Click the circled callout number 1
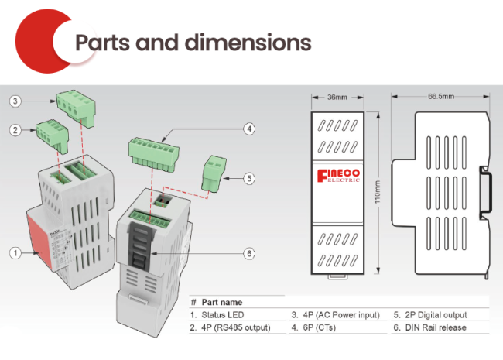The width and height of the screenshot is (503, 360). pos(15,253)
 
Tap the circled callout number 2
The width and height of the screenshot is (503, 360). pos(15,130)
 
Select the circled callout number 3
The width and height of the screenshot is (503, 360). pos(15,101)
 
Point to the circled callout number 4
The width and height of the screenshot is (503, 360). pos(249,129)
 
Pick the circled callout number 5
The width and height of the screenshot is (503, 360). pos(249,178)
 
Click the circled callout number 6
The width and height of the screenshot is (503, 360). pos(249,253)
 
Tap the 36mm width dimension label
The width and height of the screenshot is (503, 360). pos(337,97)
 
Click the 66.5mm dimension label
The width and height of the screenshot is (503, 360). pos(441,96)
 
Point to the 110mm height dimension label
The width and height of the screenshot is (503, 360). pos(378,192)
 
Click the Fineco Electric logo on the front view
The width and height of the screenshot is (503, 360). pos(338,176)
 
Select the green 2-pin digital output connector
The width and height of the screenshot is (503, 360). pos(214,174)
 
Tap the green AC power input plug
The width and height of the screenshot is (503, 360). pos(77,107)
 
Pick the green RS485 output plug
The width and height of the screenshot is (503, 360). pos(53,135)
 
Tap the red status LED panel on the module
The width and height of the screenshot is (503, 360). pos(39,241)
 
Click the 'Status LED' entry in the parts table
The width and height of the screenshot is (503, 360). pos(223,315)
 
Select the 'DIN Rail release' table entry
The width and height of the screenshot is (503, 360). pos(436,327)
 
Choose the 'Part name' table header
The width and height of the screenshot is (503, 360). pos(222,302)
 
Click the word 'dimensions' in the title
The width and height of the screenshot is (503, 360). pos(248,43)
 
